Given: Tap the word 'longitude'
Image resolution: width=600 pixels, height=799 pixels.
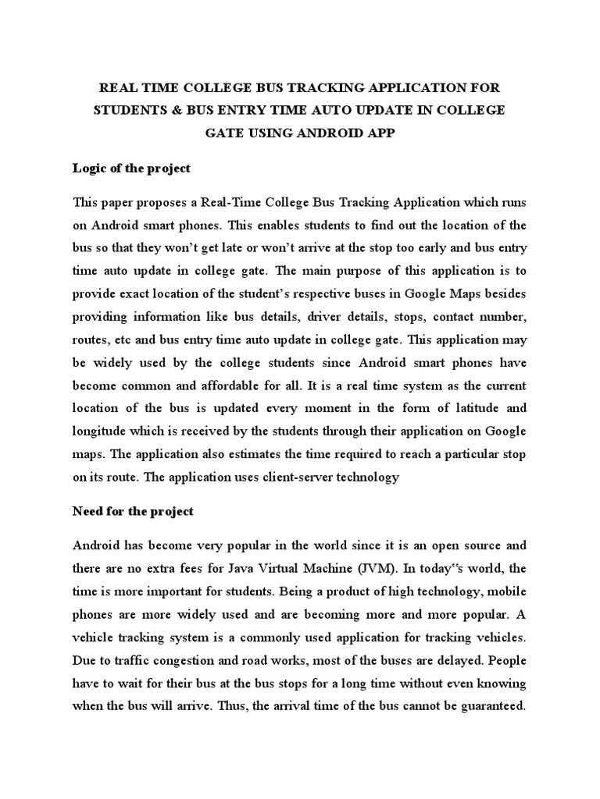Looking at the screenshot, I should click(x=102, y=431).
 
